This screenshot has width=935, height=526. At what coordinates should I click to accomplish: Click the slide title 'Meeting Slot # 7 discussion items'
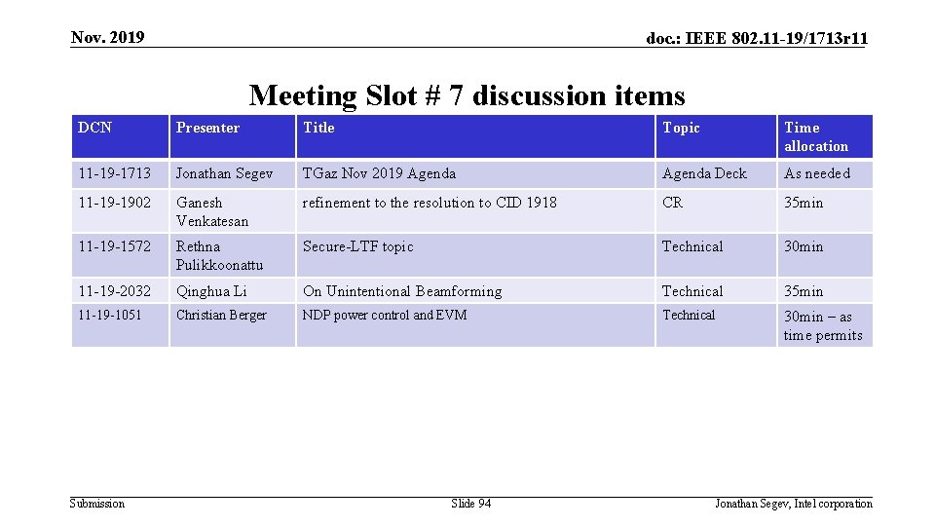(467, 95)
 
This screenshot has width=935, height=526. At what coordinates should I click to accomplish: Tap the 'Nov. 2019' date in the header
(108, 38)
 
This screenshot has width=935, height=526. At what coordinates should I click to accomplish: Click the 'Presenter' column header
(207, 128)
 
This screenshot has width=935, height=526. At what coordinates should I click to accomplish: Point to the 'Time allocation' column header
(816, 136)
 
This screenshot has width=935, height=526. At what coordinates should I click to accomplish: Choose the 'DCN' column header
(95, 128)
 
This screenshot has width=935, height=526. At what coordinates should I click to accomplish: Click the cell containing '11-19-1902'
(115, 203)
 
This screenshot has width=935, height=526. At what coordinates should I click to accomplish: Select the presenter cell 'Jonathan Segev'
(225, 173)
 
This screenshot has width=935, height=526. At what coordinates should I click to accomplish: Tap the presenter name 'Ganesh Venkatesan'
(212, 211)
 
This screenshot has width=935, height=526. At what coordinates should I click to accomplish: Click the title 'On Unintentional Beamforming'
(402, 291)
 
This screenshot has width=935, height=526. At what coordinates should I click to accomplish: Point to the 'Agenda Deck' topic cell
(704, 173)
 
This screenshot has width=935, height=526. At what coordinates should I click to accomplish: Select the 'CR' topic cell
(673, 203)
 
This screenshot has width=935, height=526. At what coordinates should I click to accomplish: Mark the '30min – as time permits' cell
(823, 325)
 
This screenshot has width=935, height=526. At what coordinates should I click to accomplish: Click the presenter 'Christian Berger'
(221, 315)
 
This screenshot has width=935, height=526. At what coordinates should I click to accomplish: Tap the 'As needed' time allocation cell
(817, 173)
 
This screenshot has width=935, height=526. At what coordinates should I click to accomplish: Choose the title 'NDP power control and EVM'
(385, 315)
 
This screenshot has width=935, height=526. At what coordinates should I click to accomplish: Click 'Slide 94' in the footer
(471, 504)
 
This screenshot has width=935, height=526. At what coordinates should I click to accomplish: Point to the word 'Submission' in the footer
(97, 504)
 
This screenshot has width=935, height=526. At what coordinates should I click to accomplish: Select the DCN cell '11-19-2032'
(115, 291)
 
